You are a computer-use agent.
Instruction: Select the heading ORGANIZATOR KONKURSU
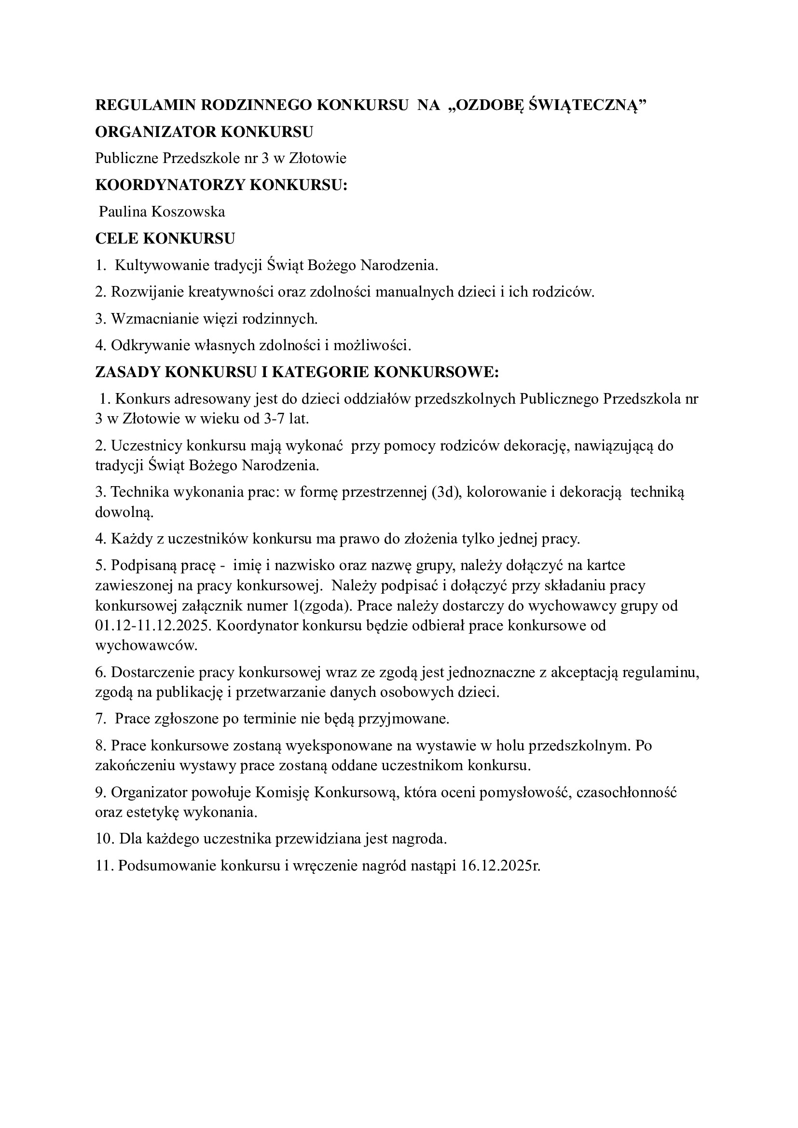[204, 132]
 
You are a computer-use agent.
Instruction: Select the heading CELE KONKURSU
[165, 239]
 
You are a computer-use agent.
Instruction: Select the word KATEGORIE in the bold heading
[319, 372]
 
